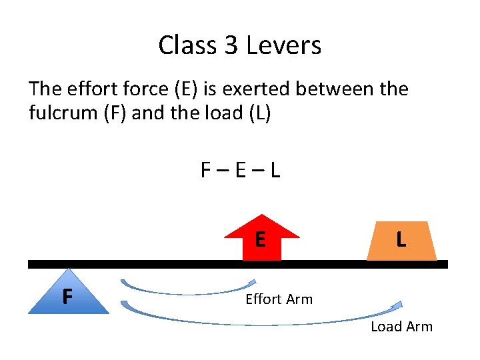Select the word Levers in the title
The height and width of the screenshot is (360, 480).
[x=284, y=45]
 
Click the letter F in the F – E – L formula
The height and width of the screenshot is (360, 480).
[x=207, y=171]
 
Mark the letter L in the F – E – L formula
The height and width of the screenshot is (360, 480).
[x=275, y=171]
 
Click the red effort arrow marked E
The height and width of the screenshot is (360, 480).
[x=261, y=237]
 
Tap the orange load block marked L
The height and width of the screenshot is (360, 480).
[x=401, y=240]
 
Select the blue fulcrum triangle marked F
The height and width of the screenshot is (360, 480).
[x=68, y=293]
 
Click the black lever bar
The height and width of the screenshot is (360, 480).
[x=167, y=264]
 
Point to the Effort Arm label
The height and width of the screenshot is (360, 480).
[x=279, y=299]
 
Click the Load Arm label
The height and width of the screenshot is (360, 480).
[x=401, y=326]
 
